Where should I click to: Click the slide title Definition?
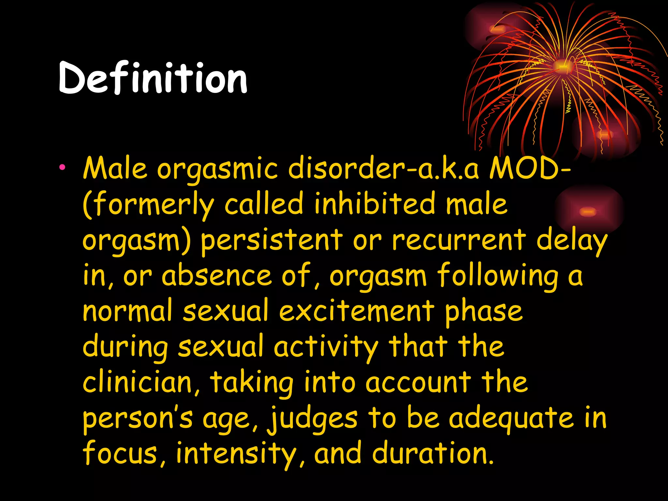[153, 78]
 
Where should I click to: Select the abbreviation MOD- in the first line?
[530, 169]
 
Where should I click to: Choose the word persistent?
[271, 241]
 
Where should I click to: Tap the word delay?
[571, 241]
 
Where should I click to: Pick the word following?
[498, 277]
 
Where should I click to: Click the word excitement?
[357, 311]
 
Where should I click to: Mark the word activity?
[326, 348]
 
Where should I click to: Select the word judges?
[312, 419]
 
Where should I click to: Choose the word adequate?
[511, 419]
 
